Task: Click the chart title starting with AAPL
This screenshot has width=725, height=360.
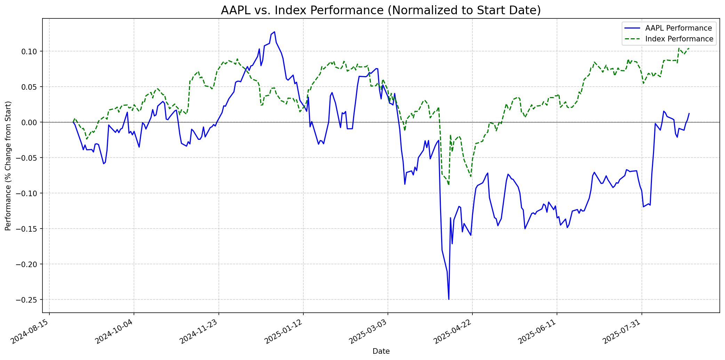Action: [381, 10]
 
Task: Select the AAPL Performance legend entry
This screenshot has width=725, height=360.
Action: [678, 28]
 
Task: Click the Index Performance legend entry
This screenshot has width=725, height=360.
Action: [679, 39]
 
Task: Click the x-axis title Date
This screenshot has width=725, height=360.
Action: [381, 351]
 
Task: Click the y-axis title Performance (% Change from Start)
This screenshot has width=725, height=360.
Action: [8, 166]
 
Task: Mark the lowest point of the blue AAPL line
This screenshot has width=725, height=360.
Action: [449, 299]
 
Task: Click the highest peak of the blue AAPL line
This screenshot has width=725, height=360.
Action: [274, 32]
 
